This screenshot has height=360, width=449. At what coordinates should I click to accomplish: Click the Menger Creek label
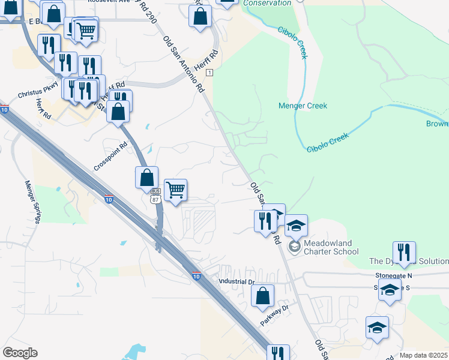(303, 106)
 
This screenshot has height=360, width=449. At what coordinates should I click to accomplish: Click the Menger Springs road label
(32, 201)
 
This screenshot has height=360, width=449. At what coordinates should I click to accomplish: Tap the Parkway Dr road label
(275, 316)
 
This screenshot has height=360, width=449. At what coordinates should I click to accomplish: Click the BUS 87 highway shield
(154, 197)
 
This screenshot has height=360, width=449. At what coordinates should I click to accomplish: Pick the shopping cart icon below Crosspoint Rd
(175, 190)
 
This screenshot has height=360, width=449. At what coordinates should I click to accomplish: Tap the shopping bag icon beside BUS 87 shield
(146, 178)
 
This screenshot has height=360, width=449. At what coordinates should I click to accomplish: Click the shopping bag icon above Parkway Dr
(262, 296)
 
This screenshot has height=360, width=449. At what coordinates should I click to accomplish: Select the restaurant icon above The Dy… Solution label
(404, 253)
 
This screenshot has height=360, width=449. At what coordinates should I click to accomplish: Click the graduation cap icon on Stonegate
(390, 290)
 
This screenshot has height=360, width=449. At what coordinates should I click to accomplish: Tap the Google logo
(20, 353)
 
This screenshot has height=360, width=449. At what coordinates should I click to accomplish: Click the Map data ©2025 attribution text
(423, 355)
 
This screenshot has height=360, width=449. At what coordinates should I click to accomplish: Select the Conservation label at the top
(267, 3)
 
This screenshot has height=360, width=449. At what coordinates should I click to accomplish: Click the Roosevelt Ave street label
(109, 2)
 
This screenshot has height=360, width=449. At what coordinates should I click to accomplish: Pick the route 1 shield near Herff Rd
(209, 72)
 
